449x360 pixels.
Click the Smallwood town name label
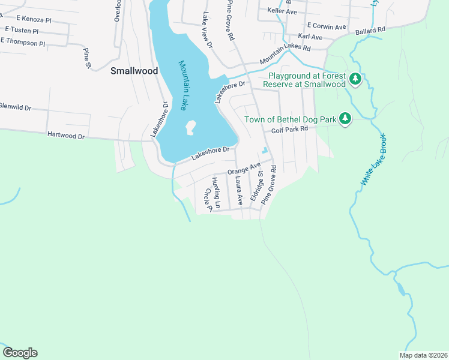(x=134, y=71)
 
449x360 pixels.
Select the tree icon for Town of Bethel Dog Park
(x=345, y=119)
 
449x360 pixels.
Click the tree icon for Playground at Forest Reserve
(x=355, y=79)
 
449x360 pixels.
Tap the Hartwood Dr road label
(x=66, y=136)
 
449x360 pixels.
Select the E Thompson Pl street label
(x=23, y=43)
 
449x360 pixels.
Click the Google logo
(x=20, y=353)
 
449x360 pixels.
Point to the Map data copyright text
(x=423, y=355)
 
